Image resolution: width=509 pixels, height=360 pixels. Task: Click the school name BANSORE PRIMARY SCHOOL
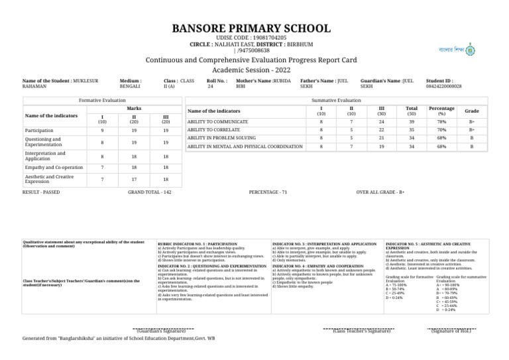[251, 29]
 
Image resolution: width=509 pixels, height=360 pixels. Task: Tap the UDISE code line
[251, 38]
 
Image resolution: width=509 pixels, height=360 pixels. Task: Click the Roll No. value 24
[210, 86]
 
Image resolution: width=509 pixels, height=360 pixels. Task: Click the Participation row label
[39, 131]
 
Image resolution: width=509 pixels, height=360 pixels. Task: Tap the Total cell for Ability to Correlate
[411, 131]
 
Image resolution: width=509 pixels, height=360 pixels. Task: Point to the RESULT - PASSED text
[41, 191]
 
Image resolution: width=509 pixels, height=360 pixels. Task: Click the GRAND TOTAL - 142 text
[149, 191]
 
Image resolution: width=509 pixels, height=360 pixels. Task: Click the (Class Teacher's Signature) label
[361, 331]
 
